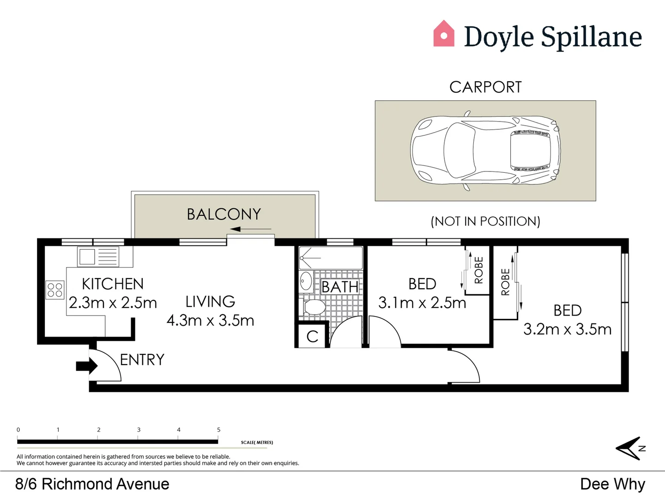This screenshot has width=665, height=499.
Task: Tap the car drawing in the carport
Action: tap(485, 151)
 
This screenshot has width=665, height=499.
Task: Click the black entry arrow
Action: tap(87, 365)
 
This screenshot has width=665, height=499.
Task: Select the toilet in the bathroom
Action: tap(312, 307)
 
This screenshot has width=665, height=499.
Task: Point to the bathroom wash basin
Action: tap(306, 281)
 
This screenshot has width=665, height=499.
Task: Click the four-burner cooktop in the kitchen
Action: tap(55, 290)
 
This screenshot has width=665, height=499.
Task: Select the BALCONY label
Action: tap(224, 214)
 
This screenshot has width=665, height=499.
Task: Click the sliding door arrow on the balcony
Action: tap(251, 229)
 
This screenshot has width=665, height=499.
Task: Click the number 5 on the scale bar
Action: tap(219, 430)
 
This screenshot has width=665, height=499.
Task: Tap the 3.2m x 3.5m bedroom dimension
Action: tap(568, 329)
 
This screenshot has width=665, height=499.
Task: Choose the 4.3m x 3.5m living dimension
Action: tap(210, 321)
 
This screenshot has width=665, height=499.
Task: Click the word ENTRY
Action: tap(142, 359)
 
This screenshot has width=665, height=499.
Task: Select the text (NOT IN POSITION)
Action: tap(485, 221)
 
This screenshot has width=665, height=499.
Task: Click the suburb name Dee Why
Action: tap(613, 484)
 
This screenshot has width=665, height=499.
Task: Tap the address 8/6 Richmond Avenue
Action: tap(92, 484)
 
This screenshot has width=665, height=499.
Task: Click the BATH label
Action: tap(339, 286)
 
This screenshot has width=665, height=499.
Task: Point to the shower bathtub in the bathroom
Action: tap(331, 258)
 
